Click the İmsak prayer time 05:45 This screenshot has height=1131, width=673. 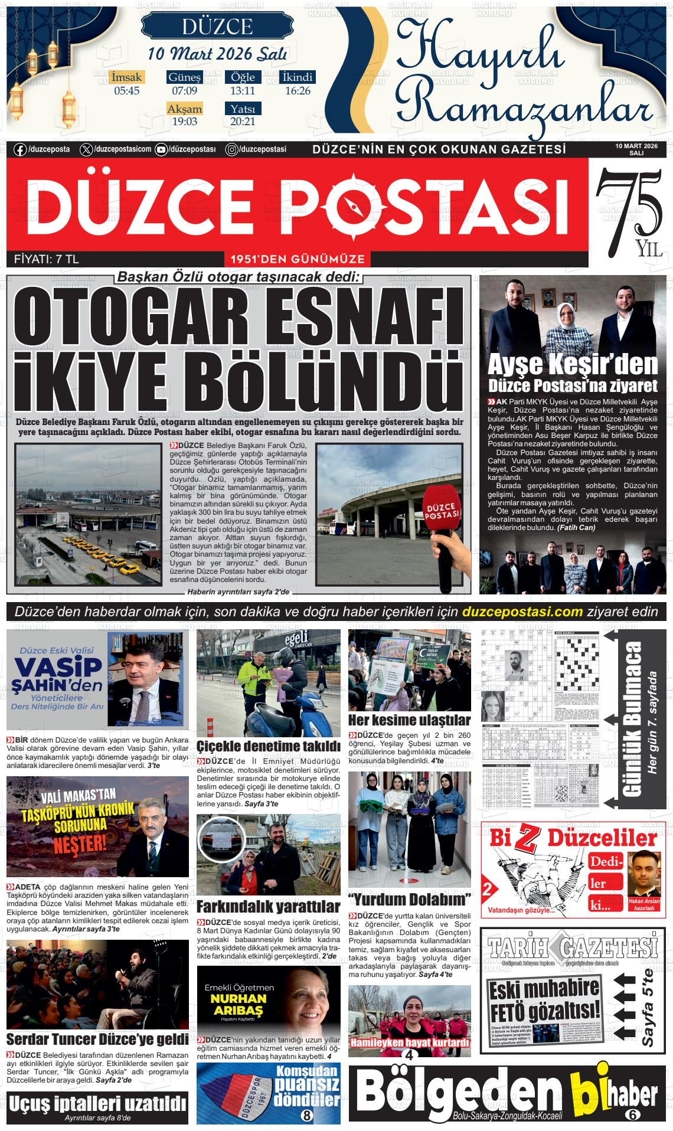126,91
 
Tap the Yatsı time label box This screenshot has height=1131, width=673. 243,109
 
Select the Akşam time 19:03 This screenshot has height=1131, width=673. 184,122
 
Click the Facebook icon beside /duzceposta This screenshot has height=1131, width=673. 20,150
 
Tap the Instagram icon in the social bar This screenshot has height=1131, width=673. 232,150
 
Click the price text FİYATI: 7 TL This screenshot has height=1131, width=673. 46,259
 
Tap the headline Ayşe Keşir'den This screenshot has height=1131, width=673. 572,365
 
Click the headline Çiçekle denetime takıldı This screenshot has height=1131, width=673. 269,746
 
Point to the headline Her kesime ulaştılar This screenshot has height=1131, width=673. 409,720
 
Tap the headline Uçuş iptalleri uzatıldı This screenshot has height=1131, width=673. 97,1102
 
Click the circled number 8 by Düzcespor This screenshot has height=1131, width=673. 306,1115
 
